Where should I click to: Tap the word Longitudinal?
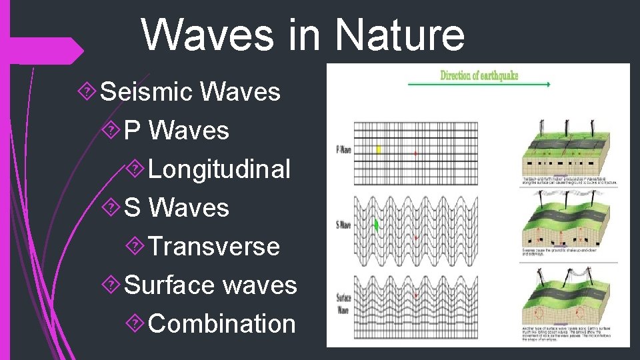[x=219, y=169]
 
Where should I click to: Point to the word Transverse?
[x=214, y=247]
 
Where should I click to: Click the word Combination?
[x=222, y=324]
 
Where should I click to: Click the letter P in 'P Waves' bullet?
[x=132, y=131]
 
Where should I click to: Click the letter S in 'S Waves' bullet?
[x=132, y=208]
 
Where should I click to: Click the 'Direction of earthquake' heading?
[x=479, y=75]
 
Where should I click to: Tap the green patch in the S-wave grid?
[x=377, y=225]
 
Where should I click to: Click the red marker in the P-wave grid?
[x=415, y=153]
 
